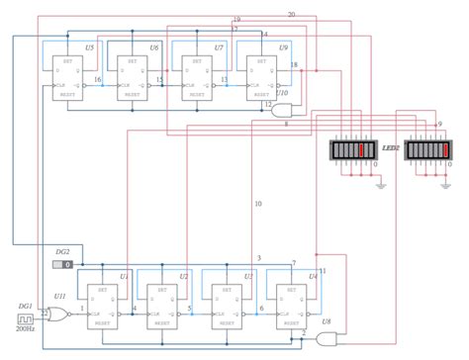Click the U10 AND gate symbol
pyautogui.click(x=276, y=111)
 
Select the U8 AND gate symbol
pyautogui.click(x=325, y=339)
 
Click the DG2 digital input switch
pyautogui.click(x=62, y=265)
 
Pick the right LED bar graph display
pyautogui.click(x=429, y=149)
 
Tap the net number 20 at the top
pyautogui.click(x=291, y=15)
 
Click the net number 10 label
pyautogui.click(x=258, y=204)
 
